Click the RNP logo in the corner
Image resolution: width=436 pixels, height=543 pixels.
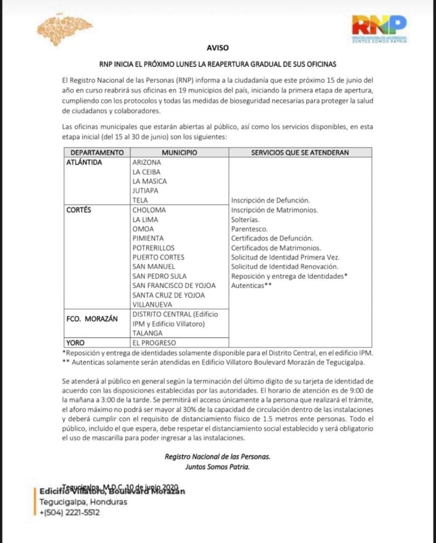379,28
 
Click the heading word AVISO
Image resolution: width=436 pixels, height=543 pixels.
218,48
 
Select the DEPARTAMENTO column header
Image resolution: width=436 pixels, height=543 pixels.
97,153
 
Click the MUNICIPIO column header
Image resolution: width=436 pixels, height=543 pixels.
179,153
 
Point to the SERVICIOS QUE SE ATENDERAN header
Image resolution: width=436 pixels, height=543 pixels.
300,153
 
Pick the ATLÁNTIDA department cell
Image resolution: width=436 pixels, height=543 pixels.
84,162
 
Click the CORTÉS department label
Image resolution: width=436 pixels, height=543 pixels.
79,210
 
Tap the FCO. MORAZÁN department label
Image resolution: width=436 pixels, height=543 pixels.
92,319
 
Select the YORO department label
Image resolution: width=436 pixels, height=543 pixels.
76,342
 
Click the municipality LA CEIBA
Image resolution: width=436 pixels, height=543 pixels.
146,172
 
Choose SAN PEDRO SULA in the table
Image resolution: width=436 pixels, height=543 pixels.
159,276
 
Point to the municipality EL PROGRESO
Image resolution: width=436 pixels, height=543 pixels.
154,342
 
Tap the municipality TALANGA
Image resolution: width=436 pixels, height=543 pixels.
147,333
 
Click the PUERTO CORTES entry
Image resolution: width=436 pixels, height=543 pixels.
158,257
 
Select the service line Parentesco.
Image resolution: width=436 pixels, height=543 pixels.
250,229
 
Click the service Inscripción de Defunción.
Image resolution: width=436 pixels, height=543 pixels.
270,200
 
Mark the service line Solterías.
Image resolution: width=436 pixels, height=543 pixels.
245,219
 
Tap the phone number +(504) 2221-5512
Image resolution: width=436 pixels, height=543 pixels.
70,512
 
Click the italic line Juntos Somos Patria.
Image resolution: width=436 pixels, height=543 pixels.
217,467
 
